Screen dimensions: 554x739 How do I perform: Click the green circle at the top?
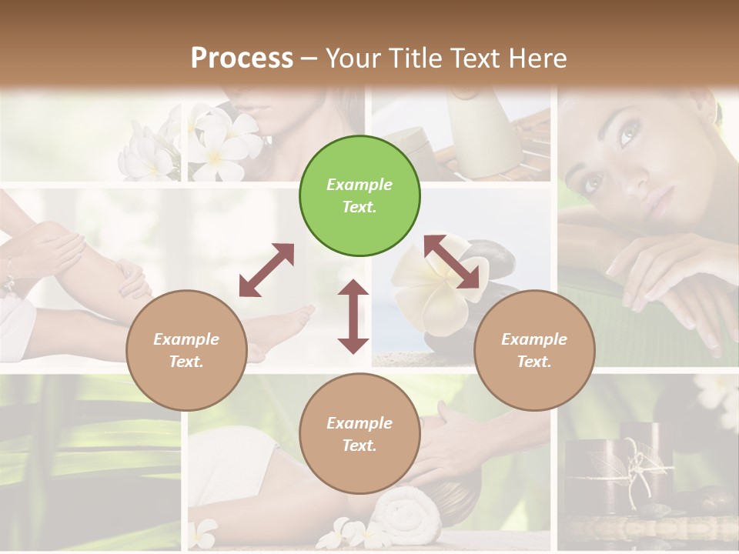[x=359, y=196]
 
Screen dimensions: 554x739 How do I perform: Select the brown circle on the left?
[x=186, y=350]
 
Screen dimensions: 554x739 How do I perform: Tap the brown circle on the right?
[x=534, y=350]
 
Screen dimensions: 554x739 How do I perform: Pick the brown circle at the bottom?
[x=359, y=434]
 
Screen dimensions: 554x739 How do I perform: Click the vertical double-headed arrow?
[x=353, y=316]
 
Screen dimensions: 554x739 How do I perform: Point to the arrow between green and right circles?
[x=456, y=262]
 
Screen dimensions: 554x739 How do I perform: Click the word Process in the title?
[x=242, y=58]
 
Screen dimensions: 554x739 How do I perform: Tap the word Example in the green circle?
[x=359, y=185]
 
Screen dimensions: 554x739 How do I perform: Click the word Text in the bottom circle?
[x=359, y=446]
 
